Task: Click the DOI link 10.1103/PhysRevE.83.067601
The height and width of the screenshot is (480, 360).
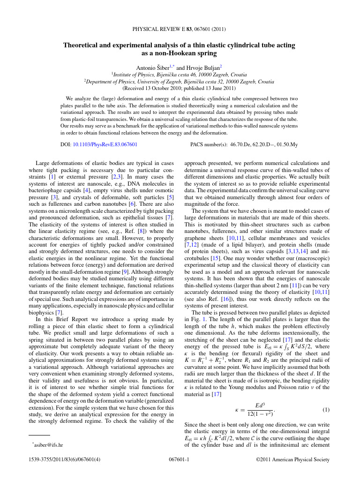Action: pos(105,145)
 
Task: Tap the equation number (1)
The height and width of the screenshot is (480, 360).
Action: pos(326,410)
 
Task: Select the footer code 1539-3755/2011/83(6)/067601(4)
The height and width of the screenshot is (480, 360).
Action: pos(65,460)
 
